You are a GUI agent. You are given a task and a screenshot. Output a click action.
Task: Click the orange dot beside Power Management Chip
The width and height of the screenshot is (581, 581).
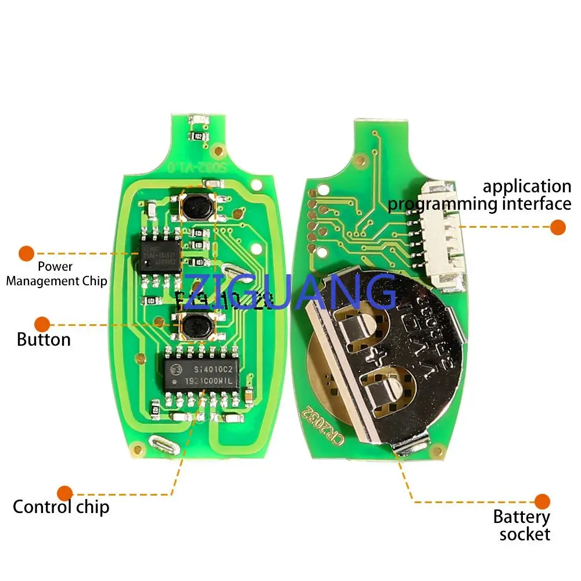click(x=26, y=253)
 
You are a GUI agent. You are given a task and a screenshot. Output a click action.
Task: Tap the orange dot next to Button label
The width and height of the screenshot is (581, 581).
click(x=42, y=324)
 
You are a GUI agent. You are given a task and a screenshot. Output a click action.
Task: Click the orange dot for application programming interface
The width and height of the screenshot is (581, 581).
click(x=558, y=227)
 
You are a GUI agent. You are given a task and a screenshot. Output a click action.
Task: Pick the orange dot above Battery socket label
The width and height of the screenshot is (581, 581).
click(x=542, y=501)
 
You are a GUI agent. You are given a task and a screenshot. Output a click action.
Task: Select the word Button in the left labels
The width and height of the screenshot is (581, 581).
click(x=44, y=339)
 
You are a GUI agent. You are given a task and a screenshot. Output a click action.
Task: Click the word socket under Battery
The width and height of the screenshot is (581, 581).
click(x=525, y=534)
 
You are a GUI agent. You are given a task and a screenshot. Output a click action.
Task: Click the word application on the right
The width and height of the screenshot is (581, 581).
click(x=527, y=187)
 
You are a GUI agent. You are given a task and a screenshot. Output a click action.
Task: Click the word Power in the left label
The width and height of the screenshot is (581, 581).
click(x=55, y=267)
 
